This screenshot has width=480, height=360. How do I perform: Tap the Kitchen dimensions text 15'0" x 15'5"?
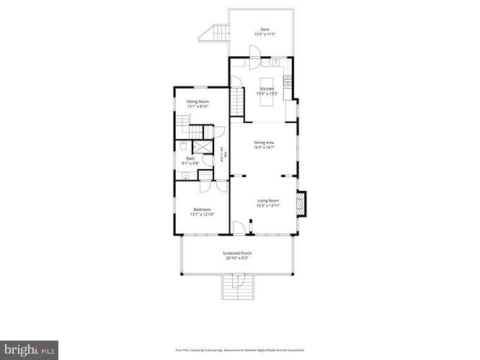pos(267,94)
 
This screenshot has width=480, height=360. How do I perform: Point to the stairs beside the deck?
pos(215,32)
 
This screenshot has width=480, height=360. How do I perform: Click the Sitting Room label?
pos(197,102)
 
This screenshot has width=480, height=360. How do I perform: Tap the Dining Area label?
pos(264,142)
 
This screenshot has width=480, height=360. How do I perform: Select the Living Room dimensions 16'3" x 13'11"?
pos(267,206)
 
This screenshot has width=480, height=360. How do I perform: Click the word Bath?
pos(190,158)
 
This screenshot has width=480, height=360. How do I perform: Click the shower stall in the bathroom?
pos(206,148)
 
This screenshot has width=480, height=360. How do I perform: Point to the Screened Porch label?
pos(236,253)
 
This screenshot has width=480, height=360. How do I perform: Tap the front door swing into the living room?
pos(239,228)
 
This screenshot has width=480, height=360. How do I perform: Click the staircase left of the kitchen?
pos(237,100)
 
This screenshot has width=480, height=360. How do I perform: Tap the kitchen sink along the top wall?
pos(275,61)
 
